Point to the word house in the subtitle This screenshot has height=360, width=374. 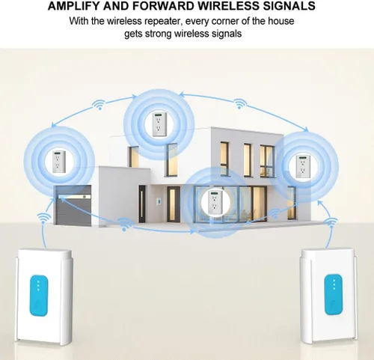point(281,21)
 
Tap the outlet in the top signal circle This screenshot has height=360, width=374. point(159,124)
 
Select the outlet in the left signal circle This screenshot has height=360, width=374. point(58,162)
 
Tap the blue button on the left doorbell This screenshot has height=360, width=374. point(39,296)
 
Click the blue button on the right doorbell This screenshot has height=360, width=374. point(334,294)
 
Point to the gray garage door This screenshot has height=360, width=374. point(73,205)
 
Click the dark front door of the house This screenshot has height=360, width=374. point(142,204)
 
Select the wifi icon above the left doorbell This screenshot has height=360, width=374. point(44,219)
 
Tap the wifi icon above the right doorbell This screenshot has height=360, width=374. point(331,222)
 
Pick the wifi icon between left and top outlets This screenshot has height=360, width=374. point(99,104)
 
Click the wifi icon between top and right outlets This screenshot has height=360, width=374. point(240,103)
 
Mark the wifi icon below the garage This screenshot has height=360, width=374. point(124,225)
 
